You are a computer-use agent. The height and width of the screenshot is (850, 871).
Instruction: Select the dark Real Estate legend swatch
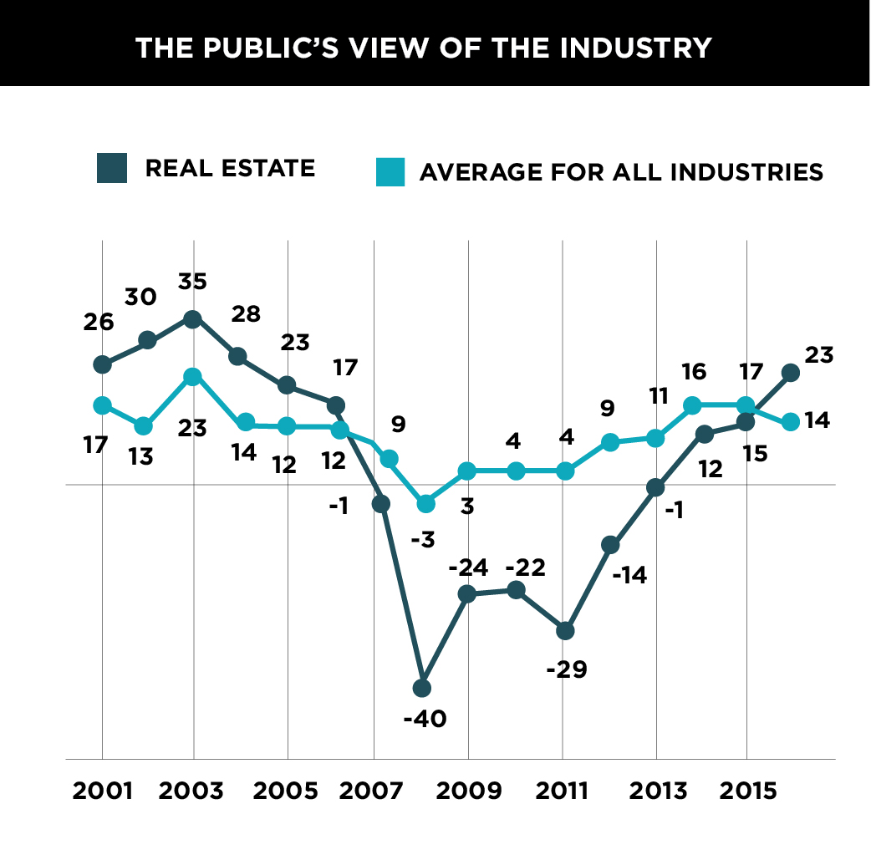point(111,168)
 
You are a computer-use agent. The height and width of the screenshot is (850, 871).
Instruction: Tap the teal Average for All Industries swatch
point(390,172)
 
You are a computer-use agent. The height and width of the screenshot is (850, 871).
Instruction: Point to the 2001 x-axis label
point(103,790)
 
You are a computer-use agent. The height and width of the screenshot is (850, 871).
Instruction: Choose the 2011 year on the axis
point(561,790)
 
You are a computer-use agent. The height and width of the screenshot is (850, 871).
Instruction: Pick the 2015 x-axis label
point(746,790)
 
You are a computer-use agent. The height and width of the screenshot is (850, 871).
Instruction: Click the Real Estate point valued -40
point(422,688)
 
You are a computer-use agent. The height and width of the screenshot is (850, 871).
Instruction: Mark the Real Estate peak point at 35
point(193,319)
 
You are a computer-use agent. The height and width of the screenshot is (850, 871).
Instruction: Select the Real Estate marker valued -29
point(565,631)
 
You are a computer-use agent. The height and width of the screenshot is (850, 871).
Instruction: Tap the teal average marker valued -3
point(426,503)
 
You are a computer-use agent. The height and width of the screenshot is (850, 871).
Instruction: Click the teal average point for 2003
point(193,377)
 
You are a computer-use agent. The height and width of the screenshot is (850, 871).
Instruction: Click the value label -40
point(425,718)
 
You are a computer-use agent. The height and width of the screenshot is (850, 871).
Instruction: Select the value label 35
point(192,281)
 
